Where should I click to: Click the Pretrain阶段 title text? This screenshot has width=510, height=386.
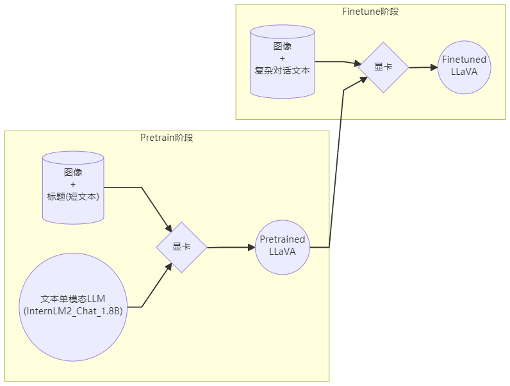click(167, 138)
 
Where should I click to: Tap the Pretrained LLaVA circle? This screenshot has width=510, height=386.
click(283, 247)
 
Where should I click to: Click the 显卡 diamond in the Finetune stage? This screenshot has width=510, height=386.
click(383, 67)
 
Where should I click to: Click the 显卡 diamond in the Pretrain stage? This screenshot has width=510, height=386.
click(181, 247)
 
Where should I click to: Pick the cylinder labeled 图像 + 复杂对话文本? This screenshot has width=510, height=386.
click(283, 61)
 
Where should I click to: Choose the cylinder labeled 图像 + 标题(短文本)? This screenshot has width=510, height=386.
click(73, 187)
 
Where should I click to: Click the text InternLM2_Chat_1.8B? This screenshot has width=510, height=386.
click(73, 311)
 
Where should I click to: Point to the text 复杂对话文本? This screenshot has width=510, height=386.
click(283, 70)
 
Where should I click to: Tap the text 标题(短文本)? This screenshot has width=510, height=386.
click(73, 197)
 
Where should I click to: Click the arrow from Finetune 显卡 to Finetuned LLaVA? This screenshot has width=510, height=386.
click(423, 67)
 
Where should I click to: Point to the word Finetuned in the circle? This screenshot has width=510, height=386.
click(465, 60)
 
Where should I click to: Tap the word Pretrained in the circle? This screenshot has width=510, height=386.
click(283, 239)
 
